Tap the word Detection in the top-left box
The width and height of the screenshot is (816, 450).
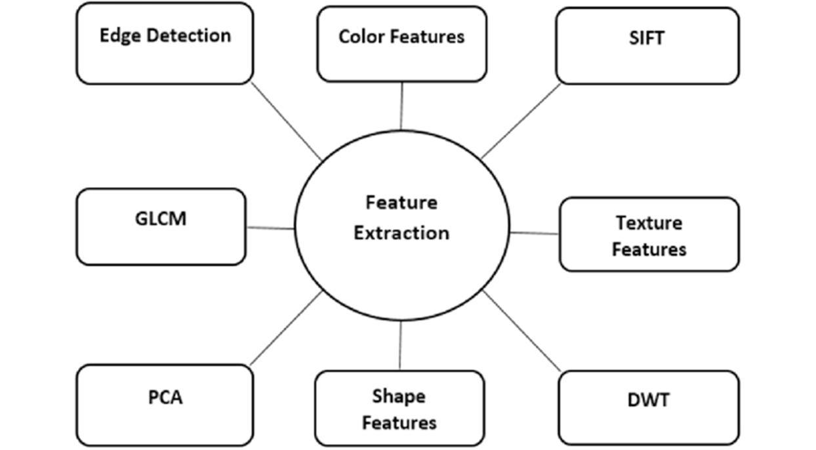click(x=189, y=35)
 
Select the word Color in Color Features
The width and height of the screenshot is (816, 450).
click(x=361, y=37)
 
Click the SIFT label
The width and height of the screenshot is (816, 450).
click(x=647, y=38)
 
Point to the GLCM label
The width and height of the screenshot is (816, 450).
click(x=161, y=218)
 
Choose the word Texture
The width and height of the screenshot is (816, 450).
click(x=649, y=223)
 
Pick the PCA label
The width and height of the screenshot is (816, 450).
click(x=165, y=397)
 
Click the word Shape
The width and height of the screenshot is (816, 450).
click(x=399, y=397)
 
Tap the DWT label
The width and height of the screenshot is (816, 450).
click(x=649, y=399)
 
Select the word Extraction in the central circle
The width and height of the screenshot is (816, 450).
click(x=401, y=233)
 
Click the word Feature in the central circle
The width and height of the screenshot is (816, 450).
click(x=401, y=203)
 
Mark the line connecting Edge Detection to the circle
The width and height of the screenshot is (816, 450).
click(x=287, y=121)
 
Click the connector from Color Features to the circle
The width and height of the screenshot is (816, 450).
click(x=401, y=106)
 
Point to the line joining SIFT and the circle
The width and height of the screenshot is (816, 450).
click(x=521, y=121)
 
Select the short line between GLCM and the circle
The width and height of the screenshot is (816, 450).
click(x=270, y=228)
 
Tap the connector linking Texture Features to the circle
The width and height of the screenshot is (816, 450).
click(x=535, y=233)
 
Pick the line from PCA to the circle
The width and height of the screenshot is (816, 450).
click(x=286, y=328)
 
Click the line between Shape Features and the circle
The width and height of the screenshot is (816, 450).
click(x=400, y=346)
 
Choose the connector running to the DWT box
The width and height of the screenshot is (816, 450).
click(x=521, y=331)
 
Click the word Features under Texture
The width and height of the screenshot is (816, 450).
click(x=649, y=250)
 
